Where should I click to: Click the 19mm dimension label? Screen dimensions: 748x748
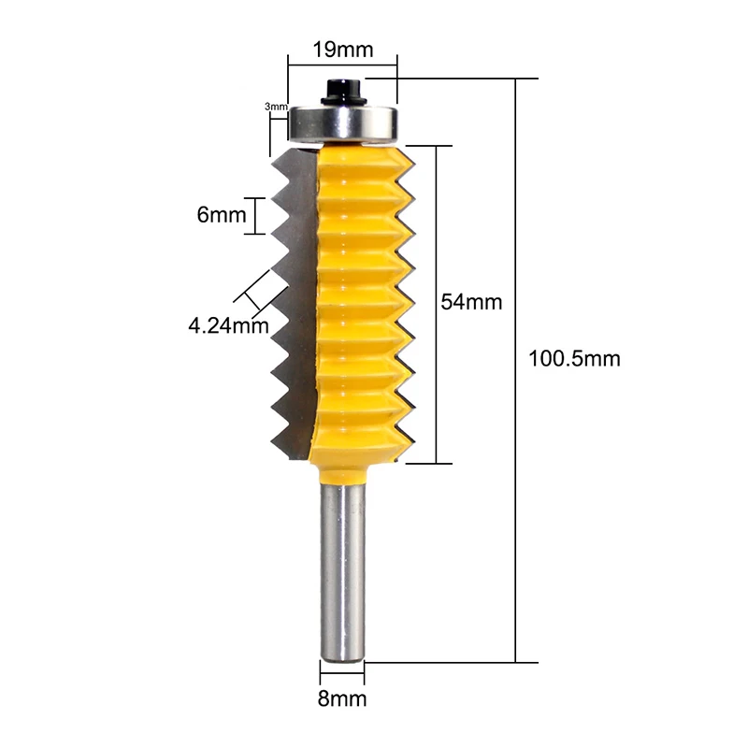(342, 50)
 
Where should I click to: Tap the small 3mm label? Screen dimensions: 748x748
(276, 107)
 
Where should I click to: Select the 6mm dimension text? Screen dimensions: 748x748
(222, 215)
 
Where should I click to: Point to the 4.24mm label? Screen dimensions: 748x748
(228, 325)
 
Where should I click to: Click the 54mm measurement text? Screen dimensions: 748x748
(471, 302)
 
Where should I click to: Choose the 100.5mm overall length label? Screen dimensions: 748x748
(574, 359)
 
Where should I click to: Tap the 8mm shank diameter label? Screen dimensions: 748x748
(342, 698)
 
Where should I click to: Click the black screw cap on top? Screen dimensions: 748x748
(343, 92)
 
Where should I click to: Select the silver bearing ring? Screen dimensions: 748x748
(342, 122)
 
